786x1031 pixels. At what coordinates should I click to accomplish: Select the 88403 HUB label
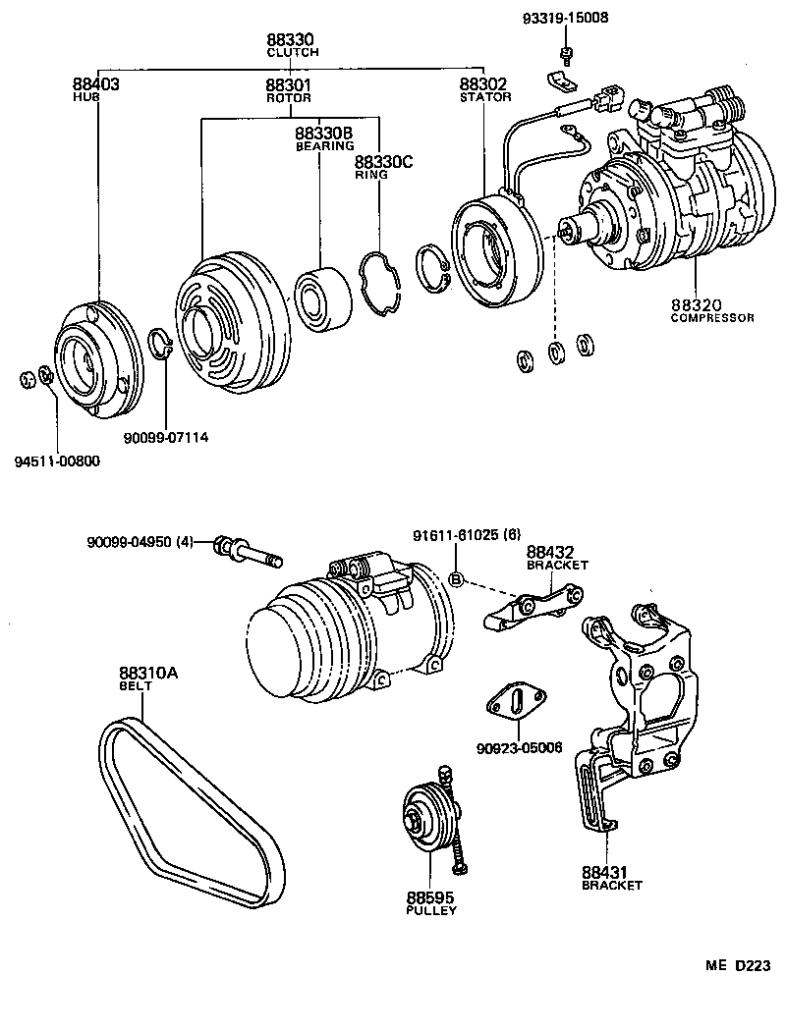coord(95,89)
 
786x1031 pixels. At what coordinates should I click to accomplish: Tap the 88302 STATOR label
coord(484,89)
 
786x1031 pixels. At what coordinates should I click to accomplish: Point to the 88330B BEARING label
coord(324,138)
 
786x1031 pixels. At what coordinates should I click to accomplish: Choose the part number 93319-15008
coord(566,18)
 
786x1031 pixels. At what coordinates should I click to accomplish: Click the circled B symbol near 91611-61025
coord(456,579)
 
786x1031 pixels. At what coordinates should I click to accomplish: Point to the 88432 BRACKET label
coord(556,559)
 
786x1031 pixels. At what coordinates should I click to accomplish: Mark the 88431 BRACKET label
coord(611,878)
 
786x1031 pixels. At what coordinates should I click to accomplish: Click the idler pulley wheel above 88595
coord(425,821)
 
